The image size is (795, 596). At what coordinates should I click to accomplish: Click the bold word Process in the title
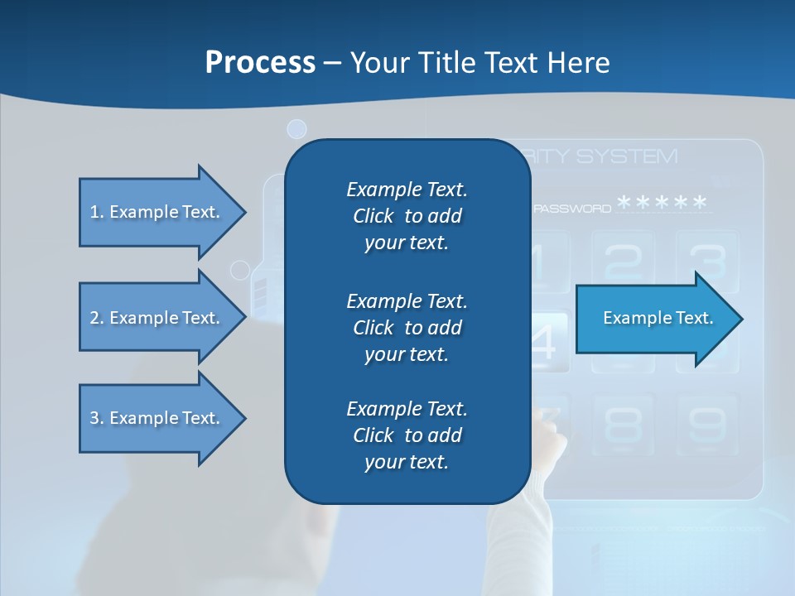(260, 62)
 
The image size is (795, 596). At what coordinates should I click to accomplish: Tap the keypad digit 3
(706, 260)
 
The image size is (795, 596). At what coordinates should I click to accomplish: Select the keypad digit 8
(624, 424)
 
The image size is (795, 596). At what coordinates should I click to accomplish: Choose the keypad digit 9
(706, 424)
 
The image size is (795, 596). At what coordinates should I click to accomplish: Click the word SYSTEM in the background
(627, 156)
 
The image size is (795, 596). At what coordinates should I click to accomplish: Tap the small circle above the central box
(296, 128)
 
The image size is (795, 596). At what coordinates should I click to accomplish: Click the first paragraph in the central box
(407, 216)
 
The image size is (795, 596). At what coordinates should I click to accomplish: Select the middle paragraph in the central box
(407, 328)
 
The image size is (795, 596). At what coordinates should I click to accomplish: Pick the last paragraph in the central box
(407, 435)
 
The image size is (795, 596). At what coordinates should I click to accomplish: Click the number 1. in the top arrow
(97, 212)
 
